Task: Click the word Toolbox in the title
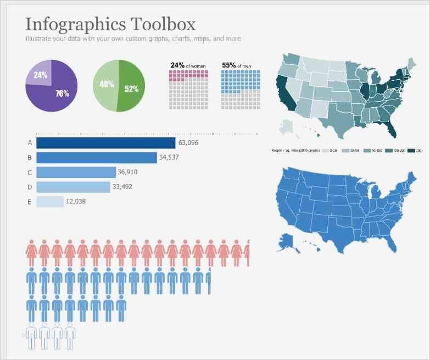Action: tap(163, 24)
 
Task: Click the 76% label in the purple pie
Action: tap(62, 93)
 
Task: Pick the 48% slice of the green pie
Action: tap(106, 85)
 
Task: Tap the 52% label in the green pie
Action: tap(131, 88)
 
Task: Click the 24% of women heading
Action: tap(188, 65)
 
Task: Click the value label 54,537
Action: tap(169, 158)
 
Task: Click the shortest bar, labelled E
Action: tap(50, 202)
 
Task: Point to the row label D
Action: tap(30, 187)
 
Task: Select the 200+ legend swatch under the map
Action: tap(411, 150)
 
